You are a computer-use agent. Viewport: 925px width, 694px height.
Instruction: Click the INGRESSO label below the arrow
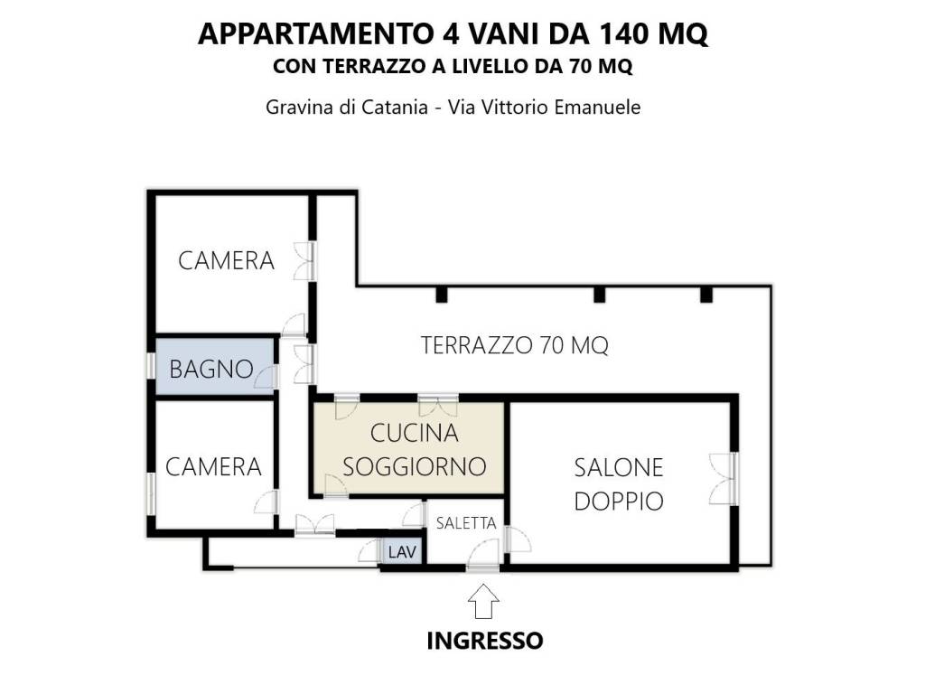pyautogui.click(x=484, y=641)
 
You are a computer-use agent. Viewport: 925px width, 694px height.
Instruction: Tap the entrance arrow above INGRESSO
pyautogui.click(x=484, y=599)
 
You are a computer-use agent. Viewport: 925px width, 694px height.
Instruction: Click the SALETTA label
pyautogui.click(x=466, y=523)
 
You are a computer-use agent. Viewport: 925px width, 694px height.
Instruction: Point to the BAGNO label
pyautogui.click(x=210, y=369)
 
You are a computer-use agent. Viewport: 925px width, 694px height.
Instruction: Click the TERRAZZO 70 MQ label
pyautogui.click(x=515, y=344)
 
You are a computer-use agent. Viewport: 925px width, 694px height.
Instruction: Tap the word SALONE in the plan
pyautogui.click(x=619, y=467)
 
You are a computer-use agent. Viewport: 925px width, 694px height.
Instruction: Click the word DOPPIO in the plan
pyautogui.click(x=619, y=501)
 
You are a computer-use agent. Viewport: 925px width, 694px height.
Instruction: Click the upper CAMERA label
pyautogui.click(x=226, y=261)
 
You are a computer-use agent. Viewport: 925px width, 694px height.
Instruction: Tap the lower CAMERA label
pyautogui.click(x=213, y=466)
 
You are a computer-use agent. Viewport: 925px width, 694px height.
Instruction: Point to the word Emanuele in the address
pyautogui.click(x=597, y=107)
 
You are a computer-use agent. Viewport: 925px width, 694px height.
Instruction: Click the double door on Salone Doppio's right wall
pyautogui.click(x=725, y=478)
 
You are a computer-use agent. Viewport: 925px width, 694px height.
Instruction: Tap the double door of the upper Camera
pyautogui.click(x=304, y=261)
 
